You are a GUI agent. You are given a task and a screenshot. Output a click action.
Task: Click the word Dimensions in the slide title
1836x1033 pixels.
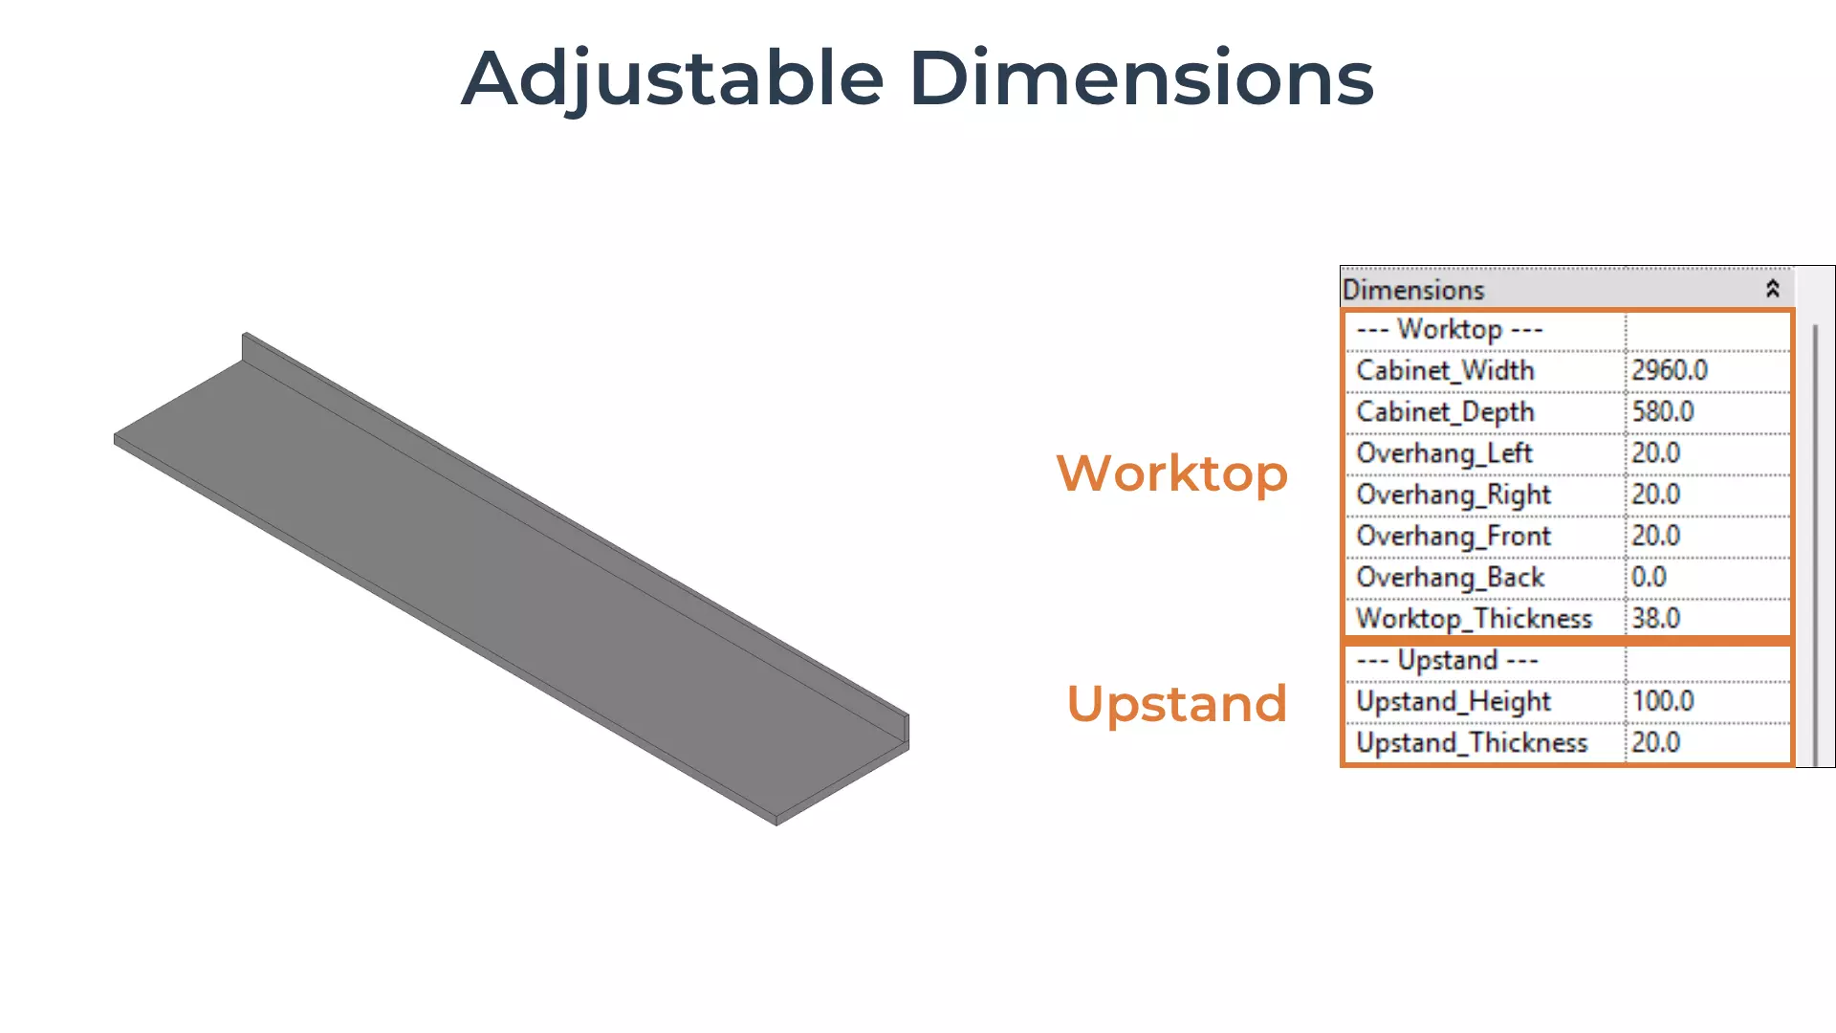tap(1142, 77)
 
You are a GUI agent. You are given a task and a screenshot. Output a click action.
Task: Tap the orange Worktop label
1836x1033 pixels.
tap(1172, 473)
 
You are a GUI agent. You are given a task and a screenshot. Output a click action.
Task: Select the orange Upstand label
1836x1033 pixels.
tap(1177, 705)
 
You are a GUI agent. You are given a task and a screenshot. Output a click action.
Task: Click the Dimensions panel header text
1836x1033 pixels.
tap(1413, 290)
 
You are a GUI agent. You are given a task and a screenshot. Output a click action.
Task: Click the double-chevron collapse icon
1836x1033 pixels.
tap(1772, 289)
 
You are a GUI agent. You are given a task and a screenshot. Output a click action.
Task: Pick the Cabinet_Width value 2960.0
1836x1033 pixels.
tap(1670, 370)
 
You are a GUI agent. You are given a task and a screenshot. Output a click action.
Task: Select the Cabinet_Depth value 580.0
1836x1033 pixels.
tap(1663, 411)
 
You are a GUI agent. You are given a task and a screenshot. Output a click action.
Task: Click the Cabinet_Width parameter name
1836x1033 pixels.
tap(1445, 371)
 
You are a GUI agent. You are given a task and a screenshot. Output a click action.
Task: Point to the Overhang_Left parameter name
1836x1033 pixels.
tap(1444, 453)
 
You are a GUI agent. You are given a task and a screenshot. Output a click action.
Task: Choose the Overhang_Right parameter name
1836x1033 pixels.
tap(1453, 495)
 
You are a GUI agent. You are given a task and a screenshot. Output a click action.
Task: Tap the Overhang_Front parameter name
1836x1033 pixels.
tap(1453, 537)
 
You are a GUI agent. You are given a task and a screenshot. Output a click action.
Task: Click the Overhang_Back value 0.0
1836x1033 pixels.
tap(1649, 577)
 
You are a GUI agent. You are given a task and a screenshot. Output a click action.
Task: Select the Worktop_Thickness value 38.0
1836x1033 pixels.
tap(1655, 618)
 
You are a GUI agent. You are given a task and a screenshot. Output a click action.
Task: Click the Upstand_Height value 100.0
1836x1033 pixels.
tap(1663, 701)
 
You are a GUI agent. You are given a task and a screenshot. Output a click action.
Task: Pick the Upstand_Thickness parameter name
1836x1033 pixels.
tap(1472, 743)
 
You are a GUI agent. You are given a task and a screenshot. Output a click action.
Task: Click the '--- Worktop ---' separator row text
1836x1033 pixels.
tap(1450, 330)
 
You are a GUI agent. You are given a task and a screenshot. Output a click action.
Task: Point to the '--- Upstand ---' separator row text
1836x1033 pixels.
tap(1447, 661)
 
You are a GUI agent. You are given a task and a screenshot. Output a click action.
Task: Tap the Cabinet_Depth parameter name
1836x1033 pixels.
tap(1445, 412)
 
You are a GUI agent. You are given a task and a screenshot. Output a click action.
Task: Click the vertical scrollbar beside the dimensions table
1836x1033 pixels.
tap(1815, 545)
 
